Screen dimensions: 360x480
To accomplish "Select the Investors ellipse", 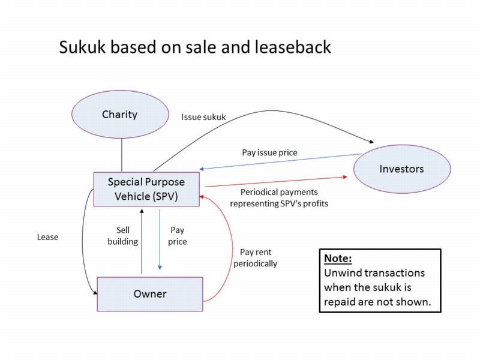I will click(401, 169).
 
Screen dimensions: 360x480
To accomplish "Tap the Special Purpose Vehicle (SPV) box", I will click(146, 188).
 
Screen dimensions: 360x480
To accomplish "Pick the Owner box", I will click(149, 294).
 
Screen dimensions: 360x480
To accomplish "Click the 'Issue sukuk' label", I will click(203, 118).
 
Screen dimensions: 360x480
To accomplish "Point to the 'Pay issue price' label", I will click(269, 152).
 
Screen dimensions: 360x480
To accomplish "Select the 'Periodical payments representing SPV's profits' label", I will click(284, 198).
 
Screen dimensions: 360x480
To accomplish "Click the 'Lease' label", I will click(47, 237).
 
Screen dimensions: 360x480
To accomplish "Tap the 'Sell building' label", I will click(127, 236).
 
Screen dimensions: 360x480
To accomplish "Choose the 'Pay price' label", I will click(178, 236).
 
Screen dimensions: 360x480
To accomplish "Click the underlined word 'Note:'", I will click(337, 259).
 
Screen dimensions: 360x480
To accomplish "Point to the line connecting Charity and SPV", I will click(122, 155).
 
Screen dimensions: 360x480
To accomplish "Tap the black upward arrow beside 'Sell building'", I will click(141, 240).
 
